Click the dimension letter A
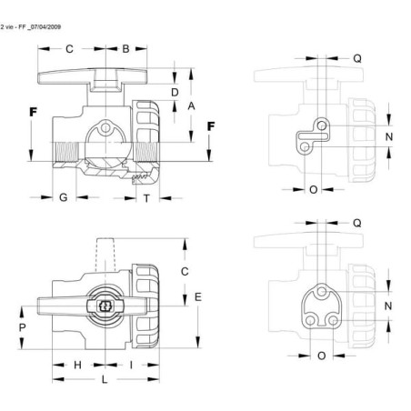[x=191, y=106]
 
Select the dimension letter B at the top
[x=125, y=49]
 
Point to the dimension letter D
[x=175, y=93]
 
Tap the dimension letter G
[x=64, y=197]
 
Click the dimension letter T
[x=146, y=198]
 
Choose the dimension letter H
[x=77, y=365]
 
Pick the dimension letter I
[x=131, y=365]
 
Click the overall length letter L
[x=105, y=379]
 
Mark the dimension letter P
[x=22, y=327]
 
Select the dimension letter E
[x=198, y=297]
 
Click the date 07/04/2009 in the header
[x=45, y=27]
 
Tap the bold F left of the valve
[x=33, y=112]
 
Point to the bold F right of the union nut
[x=211, y=126]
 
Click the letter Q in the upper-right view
[x=357, y=58]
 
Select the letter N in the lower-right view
[x=388, y=306]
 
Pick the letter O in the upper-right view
[x=314, y=190]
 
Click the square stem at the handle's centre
[x=105, y=306]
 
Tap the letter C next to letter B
[x=69, y=49]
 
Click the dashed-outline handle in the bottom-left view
[x=105, y=255]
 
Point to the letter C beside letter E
[x=185, y=272]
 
